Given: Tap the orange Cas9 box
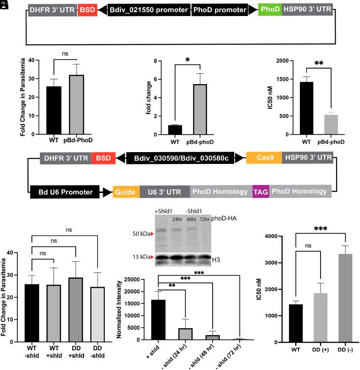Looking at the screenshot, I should tap(263, 158).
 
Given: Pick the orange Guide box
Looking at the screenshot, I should tap(126, 191).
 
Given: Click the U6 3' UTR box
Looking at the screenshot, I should tap(165, 191).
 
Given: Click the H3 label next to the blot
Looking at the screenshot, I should tap(217, 257).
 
